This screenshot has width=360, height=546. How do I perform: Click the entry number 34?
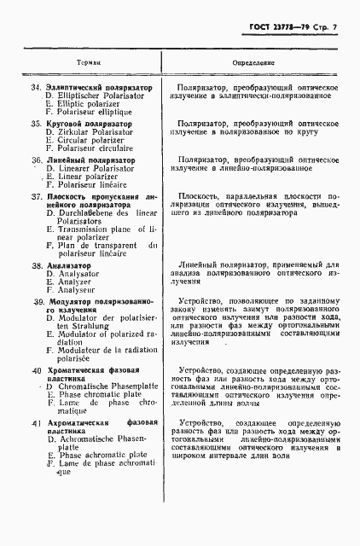tap(36, 88)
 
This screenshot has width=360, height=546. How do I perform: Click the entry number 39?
tap(37, 303)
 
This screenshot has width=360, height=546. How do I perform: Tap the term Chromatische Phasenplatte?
tap(99, 387)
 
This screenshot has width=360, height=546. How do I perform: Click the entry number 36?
tap(37, 160)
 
